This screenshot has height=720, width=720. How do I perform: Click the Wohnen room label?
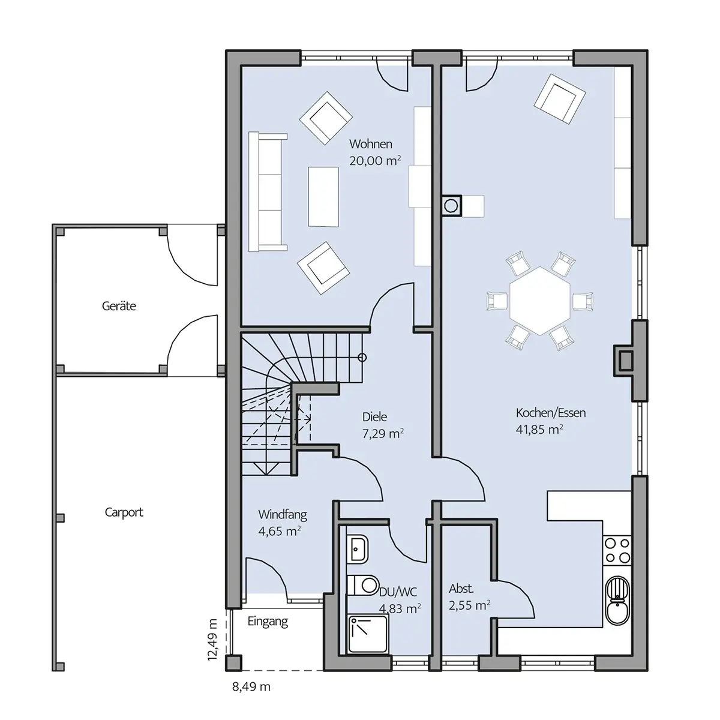[371, 144]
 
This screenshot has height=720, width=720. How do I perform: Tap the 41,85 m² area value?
[539, 430]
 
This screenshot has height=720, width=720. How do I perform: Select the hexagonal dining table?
[540, 301]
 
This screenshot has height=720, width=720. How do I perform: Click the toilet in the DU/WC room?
[363, 585]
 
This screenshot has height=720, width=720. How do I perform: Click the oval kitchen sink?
[617, 601]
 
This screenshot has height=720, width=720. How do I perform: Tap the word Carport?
[124, 512]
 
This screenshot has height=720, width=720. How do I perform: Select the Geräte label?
[119, 306]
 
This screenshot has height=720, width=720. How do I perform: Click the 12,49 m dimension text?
[212, 640]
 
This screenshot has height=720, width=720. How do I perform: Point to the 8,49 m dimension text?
[251, 686]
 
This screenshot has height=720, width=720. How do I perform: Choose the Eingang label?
[268, 622]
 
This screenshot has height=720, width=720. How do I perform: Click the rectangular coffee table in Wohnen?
[323, 197]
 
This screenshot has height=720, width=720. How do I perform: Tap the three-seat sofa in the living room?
[268, 191]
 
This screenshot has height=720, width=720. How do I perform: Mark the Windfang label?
[283, 514]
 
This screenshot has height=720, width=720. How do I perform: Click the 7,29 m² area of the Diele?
[383, 433]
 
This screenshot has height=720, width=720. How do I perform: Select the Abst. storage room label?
[461, 589]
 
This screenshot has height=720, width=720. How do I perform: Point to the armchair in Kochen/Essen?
[560, 98]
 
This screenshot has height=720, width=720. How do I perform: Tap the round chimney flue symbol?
[451, 206]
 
